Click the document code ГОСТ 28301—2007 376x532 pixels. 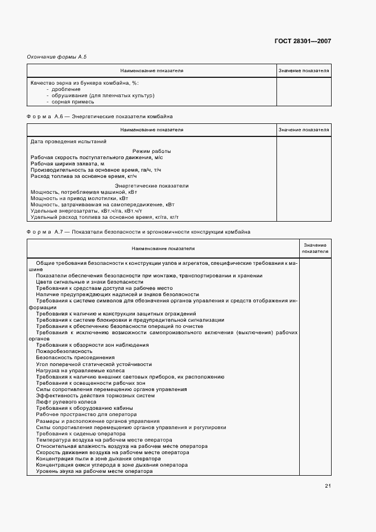[x=303, y=41]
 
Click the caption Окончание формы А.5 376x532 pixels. [x=57, y=57]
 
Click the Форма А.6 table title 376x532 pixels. [x=100, y=117]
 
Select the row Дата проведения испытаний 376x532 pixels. [x=68, y=142]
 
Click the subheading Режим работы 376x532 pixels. [x=151, y=151]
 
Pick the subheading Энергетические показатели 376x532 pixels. [x=151, y=186]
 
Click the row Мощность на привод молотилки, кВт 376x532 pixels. [x=76, y=198]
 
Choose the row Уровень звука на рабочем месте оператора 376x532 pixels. [x=94, y=471]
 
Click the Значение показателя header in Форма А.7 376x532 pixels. [x=315, y=248]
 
